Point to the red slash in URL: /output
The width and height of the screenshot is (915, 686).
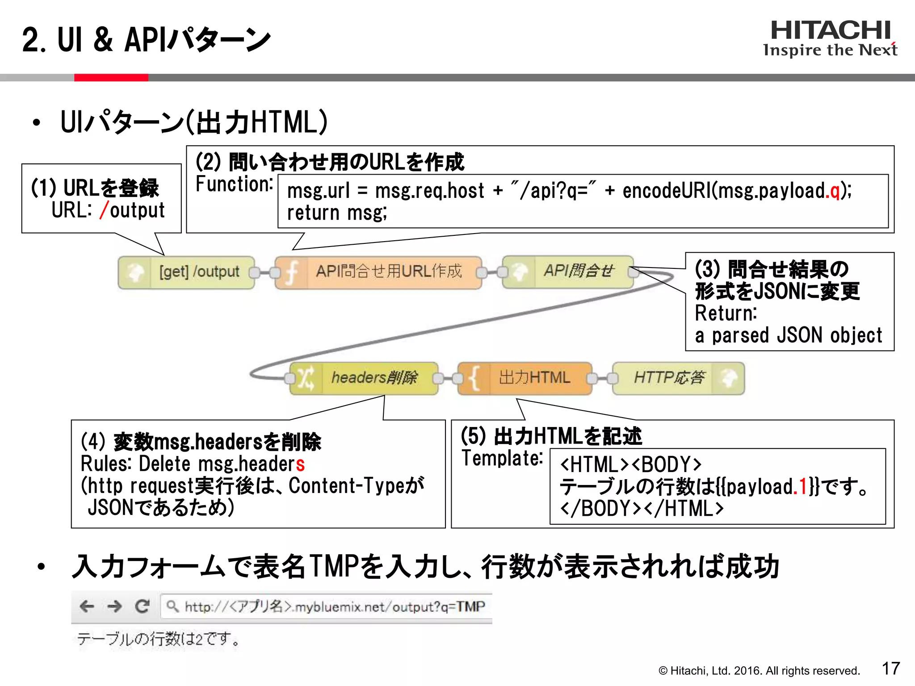104,210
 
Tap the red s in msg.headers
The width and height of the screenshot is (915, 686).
300,464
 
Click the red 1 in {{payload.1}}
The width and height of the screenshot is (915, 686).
803,486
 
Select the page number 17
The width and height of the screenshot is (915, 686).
890,669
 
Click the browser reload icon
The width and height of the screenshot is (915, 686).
142,606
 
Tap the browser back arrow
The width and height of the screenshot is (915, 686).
87,606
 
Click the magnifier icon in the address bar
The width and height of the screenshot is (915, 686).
172,606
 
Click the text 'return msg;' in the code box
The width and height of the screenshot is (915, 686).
337,213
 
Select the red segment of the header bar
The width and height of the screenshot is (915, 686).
111,78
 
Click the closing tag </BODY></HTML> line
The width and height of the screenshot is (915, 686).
642,509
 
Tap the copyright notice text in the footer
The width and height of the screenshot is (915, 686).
759,671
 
